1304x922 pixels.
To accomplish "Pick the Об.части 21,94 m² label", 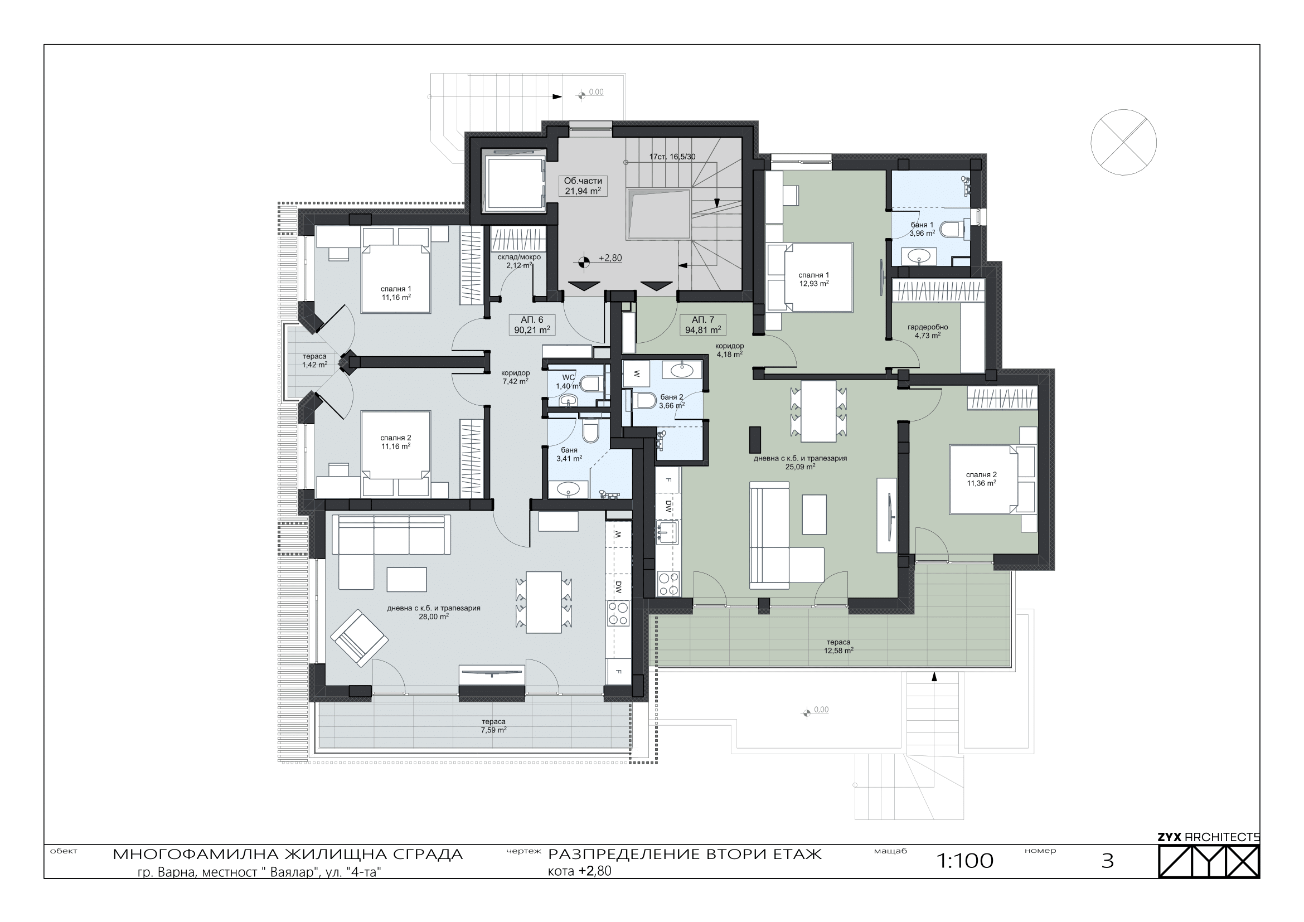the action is click(583, 186).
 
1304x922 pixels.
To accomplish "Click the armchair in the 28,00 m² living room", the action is click(360, 638).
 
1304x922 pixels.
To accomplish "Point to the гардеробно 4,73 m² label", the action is click(928, 331).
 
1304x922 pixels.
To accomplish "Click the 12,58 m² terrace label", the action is click(838, 647).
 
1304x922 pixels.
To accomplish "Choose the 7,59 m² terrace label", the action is click(493, 726).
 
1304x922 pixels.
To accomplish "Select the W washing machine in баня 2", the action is click(637, 373).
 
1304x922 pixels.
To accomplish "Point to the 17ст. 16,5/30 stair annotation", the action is click(672, 157).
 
